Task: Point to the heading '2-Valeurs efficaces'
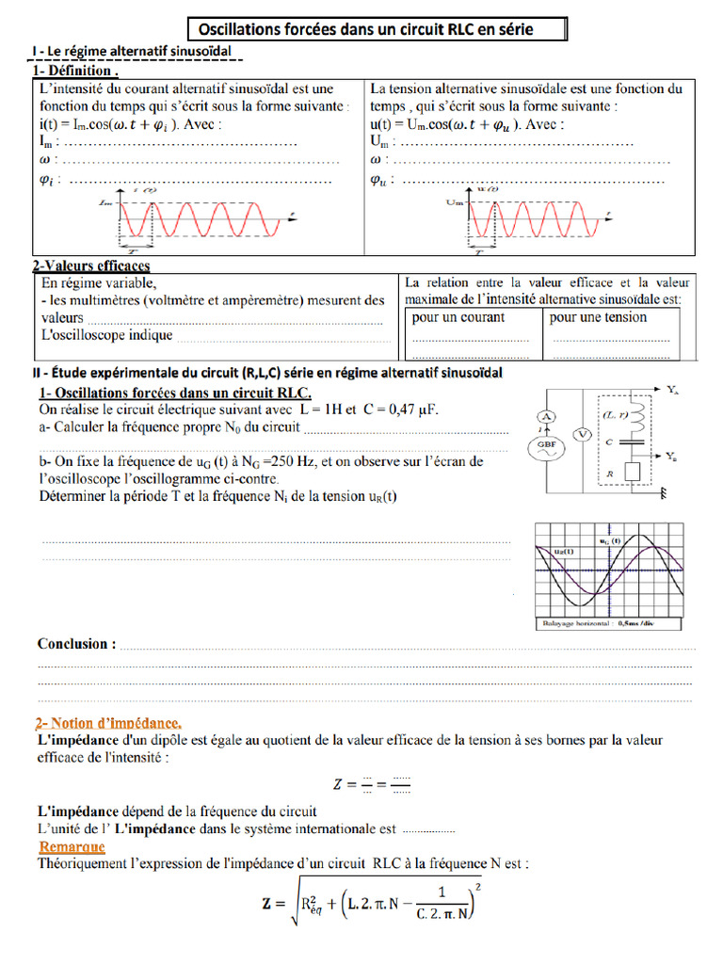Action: tap(91, 266)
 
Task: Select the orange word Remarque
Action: tap(72, 847)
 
